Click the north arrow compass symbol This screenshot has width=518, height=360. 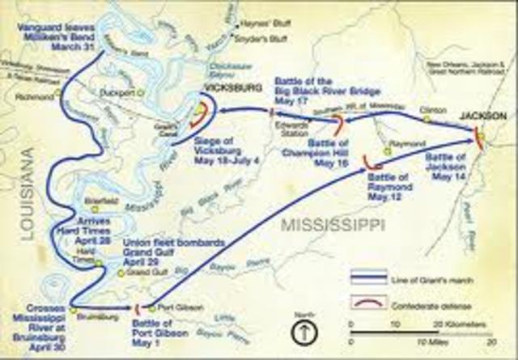pyautogui.click(x=302, y=330)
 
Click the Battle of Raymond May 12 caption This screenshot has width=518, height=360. pyautogui.click(x=388, y=186)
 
